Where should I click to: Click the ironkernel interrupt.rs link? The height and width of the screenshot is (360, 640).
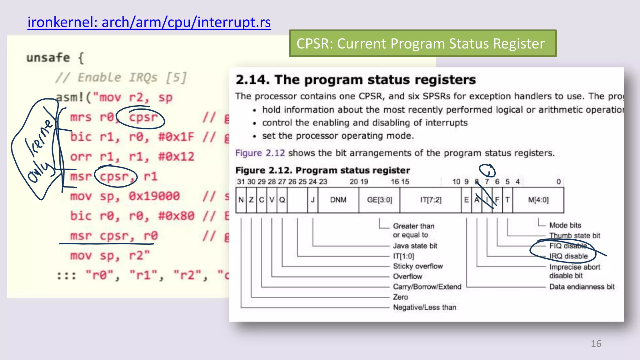pyautogui.click(x=149, y=22)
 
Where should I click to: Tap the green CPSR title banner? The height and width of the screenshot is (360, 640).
pyautogui.click(x=422, y=43)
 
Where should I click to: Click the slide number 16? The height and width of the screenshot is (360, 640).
pyautogui.click(x=596, y=343)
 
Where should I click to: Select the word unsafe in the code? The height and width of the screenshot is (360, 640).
pyautogui.click(x=48, y=58)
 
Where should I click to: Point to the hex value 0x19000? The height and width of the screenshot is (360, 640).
pyautogui.click(x=154, y=196)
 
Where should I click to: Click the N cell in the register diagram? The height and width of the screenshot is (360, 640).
pyautogui.click(x=241, y=200)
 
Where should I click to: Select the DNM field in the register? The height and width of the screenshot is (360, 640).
pyautogui.click(x=338, y=200)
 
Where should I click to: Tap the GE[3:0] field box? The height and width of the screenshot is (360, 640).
pyautogui.click(x=379, y=200)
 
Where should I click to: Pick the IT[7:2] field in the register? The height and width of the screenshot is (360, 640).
pyautogui.click(x=431, y=200)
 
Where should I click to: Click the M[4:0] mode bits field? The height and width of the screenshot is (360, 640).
pyautogui.click(x=538, y=200)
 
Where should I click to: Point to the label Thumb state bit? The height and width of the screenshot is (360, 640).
pyautogui.click(x=574, y=235)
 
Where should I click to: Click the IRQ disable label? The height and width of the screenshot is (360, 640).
pyautogui.click(x=568, y=256)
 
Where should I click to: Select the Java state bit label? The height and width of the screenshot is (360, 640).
pyautogui.click(x=415, y=246)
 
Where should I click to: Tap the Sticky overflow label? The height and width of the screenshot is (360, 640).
pyautogui.click(x=418, y=266)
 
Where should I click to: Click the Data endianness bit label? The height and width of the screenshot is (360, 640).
pyautogui.click(x=582, y=287)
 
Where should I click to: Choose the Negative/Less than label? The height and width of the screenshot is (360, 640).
pyautogui.click(x=424, y=307)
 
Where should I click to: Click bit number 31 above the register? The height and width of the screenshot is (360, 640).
pyautogui.click(x=241, y=182)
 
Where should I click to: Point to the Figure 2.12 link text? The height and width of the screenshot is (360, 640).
pyautogui.click(x=260, y=153)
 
